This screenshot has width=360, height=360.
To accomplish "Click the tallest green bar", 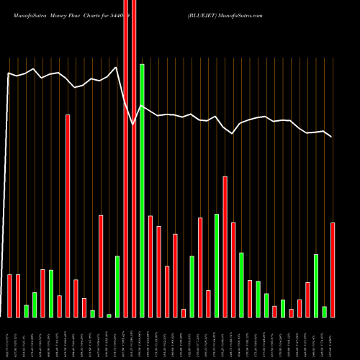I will pyautogui.click(x=142, y=191).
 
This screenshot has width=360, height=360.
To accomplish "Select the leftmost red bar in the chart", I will pyautogui.click(x=9, y=295).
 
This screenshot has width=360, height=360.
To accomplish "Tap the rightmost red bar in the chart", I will pyautogui.click(x=333, y=270).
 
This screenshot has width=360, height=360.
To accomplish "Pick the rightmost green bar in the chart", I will pyautogui.click(x=325, y=311).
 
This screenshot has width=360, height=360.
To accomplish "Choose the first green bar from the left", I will pyautogui.click(x=26, y=310).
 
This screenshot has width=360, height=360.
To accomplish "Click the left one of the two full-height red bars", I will pyautogui.click(x=126, y=158).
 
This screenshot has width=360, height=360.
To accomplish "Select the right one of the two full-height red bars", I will pyautogui.click(x=134, y=158).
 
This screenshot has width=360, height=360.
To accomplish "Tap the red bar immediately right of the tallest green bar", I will pyautogui.click(x=150, y=266).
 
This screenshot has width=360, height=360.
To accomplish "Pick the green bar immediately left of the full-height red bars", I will pyautogui.click(x=117, y=287).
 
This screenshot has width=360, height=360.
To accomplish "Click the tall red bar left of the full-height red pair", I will pyautogui.click(x=68, y=216).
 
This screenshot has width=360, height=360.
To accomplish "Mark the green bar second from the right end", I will pyautogui.click(x=316, y=285).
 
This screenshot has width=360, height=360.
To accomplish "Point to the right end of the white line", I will pyautogui.click(x=331, y=136).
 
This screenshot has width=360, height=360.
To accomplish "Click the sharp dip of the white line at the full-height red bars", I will pyautogui.click(x=133, y=125).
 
